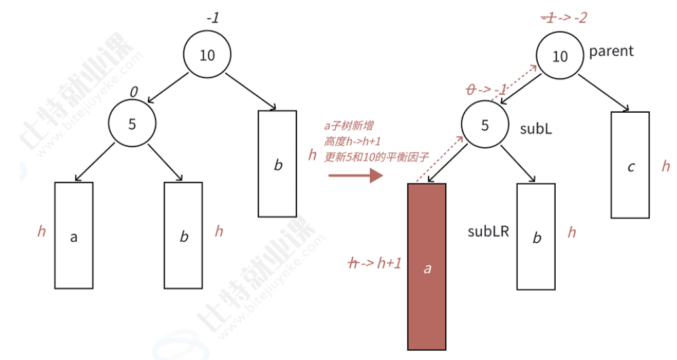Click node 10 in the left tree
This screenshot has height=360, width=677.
[x=207, y=55]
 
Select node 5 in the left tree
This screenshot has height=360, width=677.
[x=132, y=123]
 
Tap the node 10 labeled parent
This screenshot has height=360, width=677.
[x=560, y=56]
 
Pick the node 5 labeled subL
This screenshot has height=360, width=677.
[x=484, y=125]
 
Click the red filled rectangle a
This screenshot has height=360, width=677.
[x=426, y=267]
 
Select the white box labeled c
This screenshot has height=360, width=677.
[x=630, y=165]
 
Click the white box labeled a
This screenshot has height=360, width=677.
[x=74, y=235]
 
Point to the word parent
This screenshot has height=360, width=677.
[x=611, y=51]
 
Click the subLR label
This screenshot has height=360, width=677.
[x=488, y=231]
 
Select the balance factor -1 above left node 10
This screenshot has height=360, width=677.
[x=213, y=18]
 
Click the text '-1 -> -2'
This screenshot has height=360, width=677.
[x=564, y=18]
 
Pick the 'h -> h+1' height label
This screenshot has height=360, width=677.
[x=375, y=263]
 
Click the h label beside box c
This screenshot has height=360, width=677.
[x=665, y=166]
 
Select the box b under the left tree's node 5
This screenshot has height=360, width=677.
[x=184, y=235]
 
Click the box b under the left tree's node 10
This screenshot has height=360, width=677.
[x=277, y=163]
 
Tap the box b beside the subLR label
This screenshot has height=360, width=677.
[x=536, y=235]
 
